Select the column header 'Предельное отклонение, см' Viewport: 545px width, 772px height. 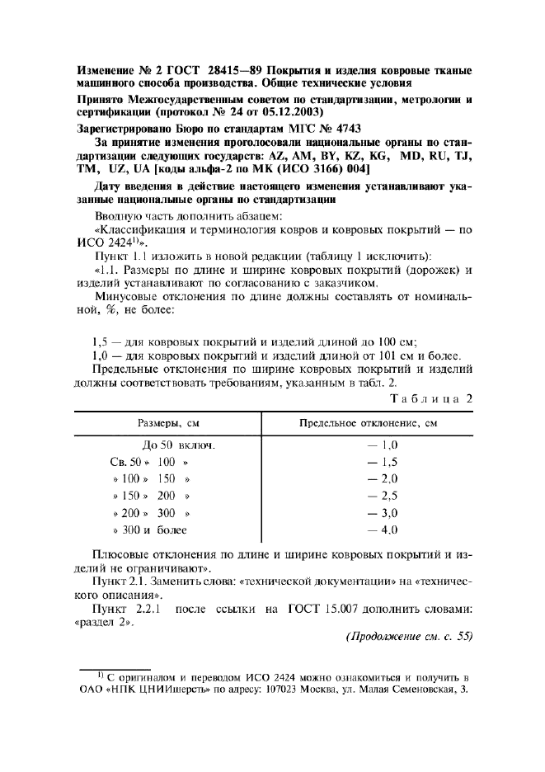click(367, 424)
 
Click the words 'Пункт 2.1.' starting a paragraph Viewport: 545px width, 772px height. click(120, 581)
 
